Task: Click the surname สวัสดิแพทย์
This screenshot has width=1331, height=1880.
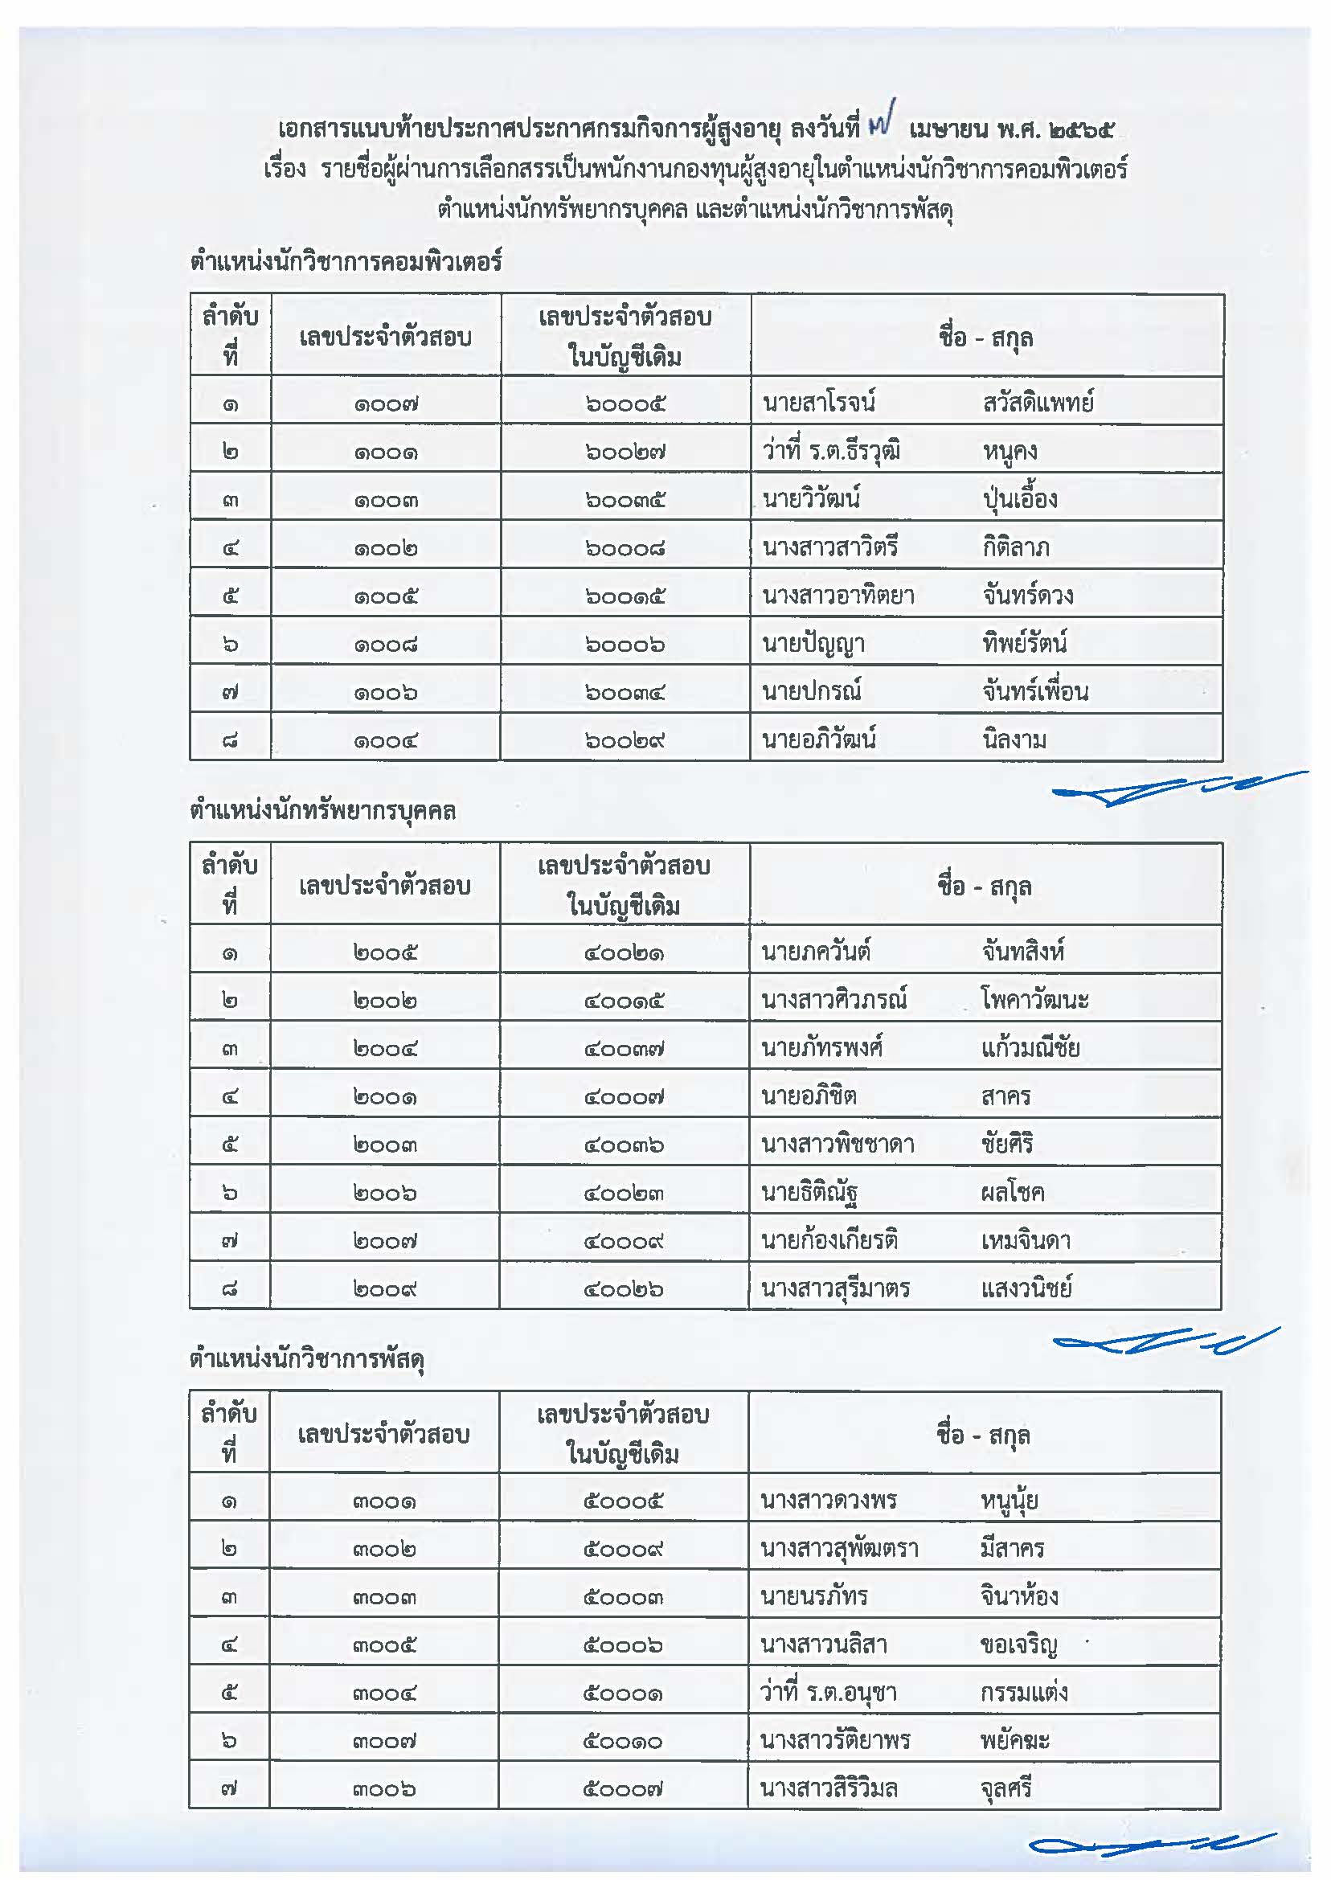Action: pos(1038,403)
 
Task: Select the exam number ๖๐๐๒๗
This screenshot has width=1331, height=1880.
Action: pos(625,452)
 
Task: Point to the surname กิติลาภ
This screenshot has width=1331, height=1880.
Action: pos(1015,547)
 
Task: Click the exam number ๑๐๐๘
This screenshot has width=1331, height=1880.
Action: pos(385,645)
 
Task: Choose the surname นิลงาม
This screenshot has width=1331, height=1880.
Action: pos(1014,740)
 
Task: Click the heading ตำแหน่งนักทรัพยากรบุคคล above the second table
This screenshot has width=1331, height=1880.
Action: pos(323,810)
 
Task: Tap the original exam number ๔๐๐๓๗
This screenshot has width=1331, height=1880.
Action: pos(624,1048)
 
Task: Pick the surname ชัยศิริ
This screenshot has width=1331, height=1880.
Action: pos(1006,1143)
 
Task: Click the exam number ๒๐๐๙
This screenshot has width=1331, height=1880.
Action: pos(384,1289)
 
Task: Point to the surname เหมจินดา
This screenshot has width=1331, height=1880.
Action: pos(1026,1240)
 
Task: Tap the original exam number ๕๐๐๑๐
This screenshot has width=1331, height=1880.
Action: pos(623,1741)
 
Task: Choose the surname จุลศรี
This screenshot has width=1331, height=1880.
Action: pos(1005,1788)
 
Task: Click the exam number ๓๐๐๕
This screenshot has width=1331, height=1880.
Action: pos(384,1644)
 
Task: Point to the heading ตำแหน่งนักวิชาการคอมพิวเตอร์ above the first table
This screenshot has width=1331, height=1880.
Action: pos(345,262)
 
